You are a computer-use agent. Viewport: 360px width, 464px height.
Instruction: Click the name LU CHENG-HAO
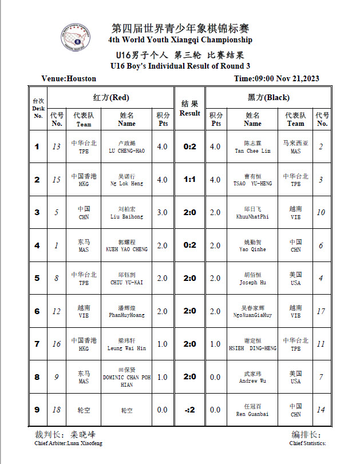pyautogui.click(x=126, y=151)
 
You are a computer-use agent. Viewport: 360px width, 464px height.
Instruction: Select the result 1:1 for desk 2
pyautogui.click(x=190, y=180)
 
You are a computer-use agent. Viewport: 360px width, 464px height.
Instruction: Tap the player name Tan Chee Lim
pyautogui.click(x=252, y=151)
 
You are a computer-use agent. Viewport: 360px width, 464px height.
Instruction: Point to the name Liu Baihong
pyautogui.click(x=126, y=217)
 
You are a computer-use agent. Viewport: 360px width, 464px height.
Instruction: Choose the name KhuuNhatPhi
pyautogui.click(x=252, y=217)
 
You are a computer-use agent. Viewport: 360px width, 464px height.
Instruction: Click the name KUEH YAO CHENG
pyautogui.click(x=126, y=249)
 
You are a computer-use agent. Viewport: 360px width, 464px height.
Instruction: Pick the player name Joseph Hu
pyautogui.click(x=252, y=282)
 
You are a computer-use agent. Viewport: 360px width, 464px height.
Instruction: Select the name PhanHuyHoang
pyautogui.click(x=126, y=315)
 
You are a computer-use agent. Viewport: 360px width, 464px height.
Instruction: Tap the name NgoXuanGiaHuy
pyautogui.click(x=252, y=315)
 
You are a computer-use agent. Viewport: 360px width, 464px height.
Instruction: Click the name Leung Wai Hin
pyautogui.click(x=126, y=348)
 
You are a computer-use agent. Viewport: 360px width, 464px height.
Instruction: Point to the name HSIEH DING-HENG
pyautogui.click(x=252, y=348)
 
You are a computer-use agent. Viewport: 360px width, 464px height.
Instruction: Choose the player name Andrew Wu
pyautogui.click(x=252, y=381)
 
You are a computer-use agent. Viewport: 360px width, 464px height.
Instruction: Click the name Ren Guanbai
pyautogui.click(x=252, y=414)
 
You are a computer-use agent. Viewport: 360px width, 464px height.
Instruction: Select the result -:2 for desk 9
pyautogui.click(x=190, y=410)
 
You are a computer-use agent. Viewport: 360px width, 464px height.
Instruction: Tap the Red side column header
pyautogui.click(x=110, y=97)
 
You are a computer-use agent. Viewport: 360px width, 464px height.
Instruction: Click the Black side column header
pyautogui.click(x=270, y=97)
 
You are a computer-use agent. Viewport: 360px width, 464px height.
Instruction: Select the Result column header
pyautogui.click(x=190, y=109)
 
